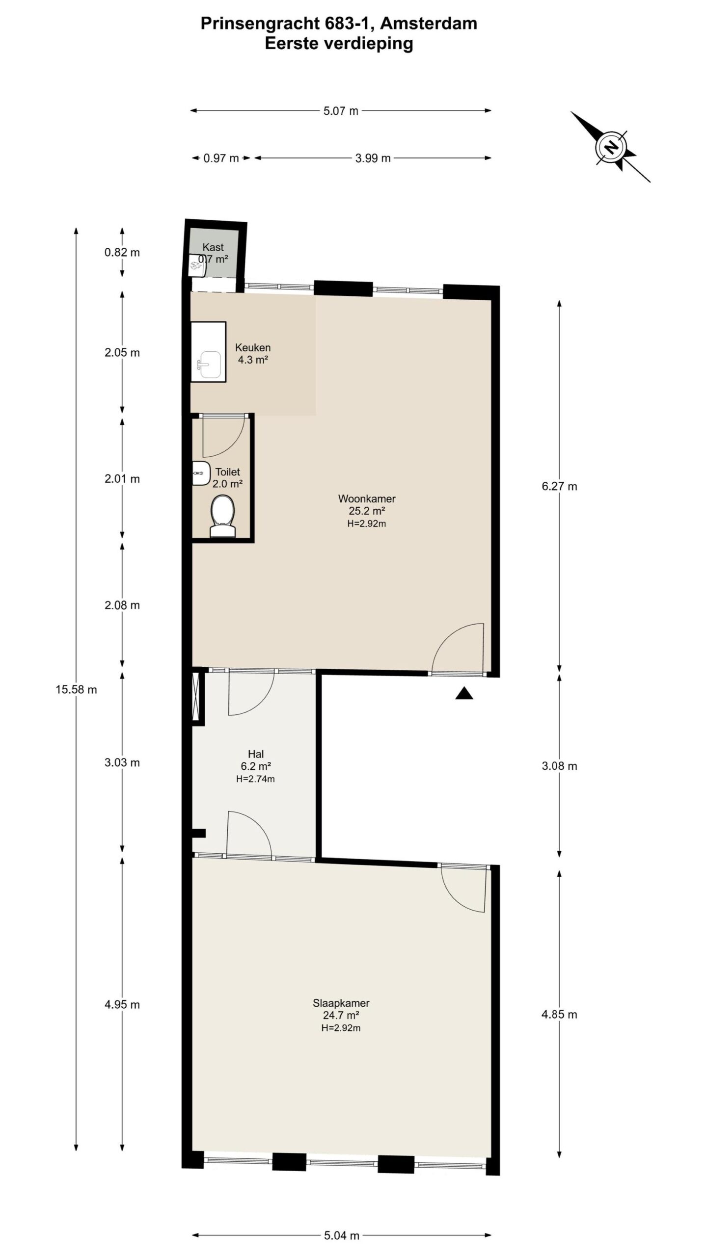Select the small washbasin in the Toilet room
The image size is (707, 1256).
199,473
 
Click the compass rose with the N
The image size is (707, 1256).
610,147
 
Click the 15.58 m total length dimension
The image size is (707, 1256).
76,689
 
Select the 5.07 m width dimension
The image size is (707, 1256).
341,111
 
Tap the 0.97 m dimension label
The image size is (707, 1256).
221,158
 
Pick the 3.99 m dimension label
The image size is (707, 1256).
373,158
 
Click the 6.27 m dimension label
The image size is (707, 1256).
559,486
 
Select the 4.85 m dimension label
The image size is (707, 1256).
559,1014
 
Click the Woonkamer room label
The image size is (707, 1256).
367,499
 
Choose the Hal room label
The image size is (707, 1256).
256,754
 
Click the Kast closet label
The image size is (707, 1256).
213,247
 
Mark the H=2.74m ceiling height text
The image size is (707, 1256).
255,779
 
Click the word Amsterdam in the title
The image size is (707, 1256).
429,24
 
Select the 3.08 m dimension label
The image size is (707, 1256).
559,766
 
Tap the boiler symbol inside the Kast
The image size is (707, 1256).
196,266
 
